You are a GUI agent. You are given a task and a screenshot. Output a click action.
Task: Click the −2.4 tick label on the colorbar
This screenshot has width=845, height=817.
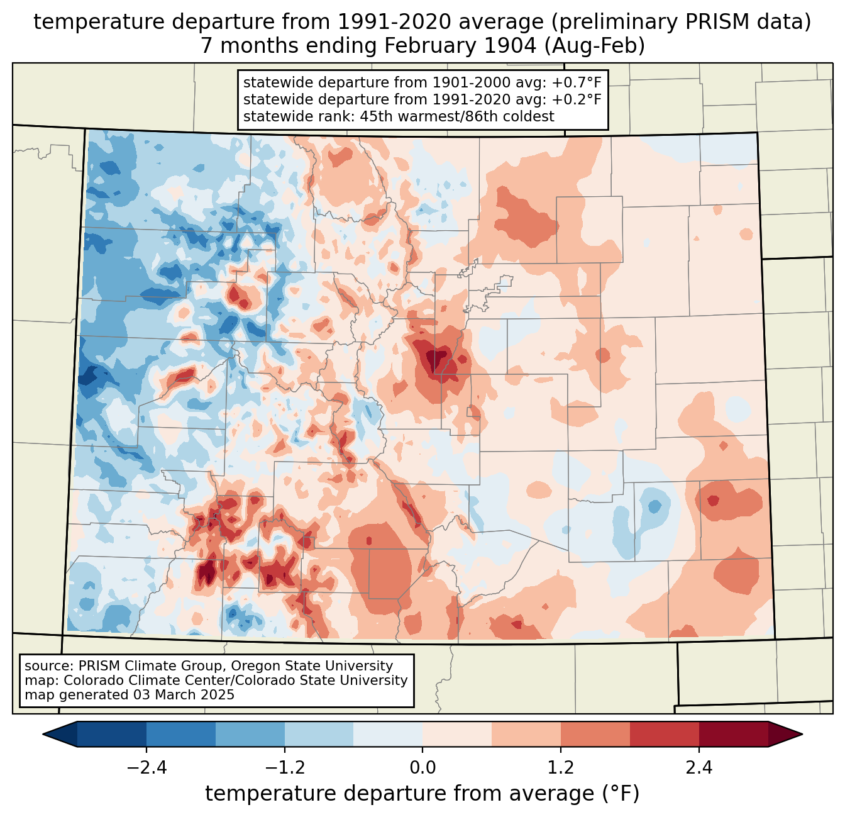pos(146,768)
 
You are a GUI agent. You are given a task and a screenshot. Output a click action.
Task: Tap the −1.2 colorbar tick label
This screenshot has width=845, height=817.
pos(284,768)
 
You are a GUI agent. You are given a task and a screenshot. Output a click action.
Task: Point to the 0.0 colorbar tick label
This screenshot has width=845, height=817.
pos(422,768)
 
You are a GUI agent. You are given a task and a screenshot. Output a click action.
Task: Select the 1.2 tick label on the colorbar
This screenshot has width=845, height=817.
pos(561,768)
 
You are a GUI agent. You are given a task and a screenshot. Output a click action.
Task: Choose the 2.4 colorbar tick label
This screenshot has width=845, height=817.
pos(699,768)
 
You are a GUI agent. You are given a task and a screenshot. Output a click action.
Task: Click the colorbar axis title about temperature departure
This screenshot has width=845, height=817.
pos(422,794)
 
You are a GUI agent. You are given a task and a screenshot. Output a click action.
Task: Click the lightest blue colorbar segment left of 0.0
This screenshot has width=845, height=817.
pos(388,734)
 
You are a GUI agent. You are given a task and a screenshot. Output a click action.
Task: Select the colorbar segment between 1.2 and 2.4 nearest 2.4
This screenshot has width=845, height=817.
pos(665,734)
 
